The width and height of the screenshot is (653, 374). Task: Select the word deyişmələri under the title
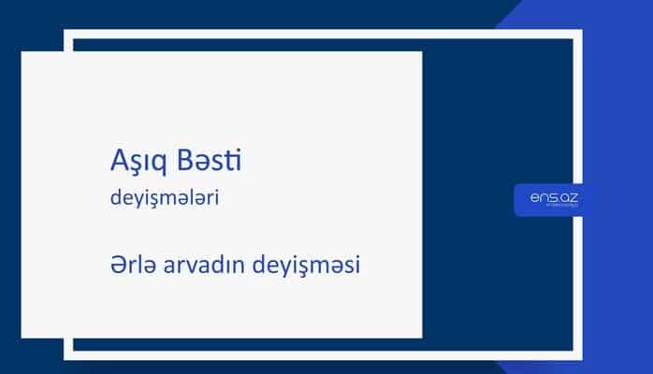click(x=165, y=199)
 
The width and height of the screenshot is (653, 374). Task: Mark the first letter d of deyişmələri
click(x=114, y=198)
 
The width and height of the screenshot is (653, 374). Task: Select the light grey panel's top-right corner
click(x=421, y=52)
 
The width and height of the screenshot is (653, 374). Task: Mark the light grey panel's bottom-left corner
click(x=22, y=337)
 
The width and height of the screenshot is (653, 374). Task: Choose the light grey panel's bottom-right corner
click(x=421, y=337)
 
